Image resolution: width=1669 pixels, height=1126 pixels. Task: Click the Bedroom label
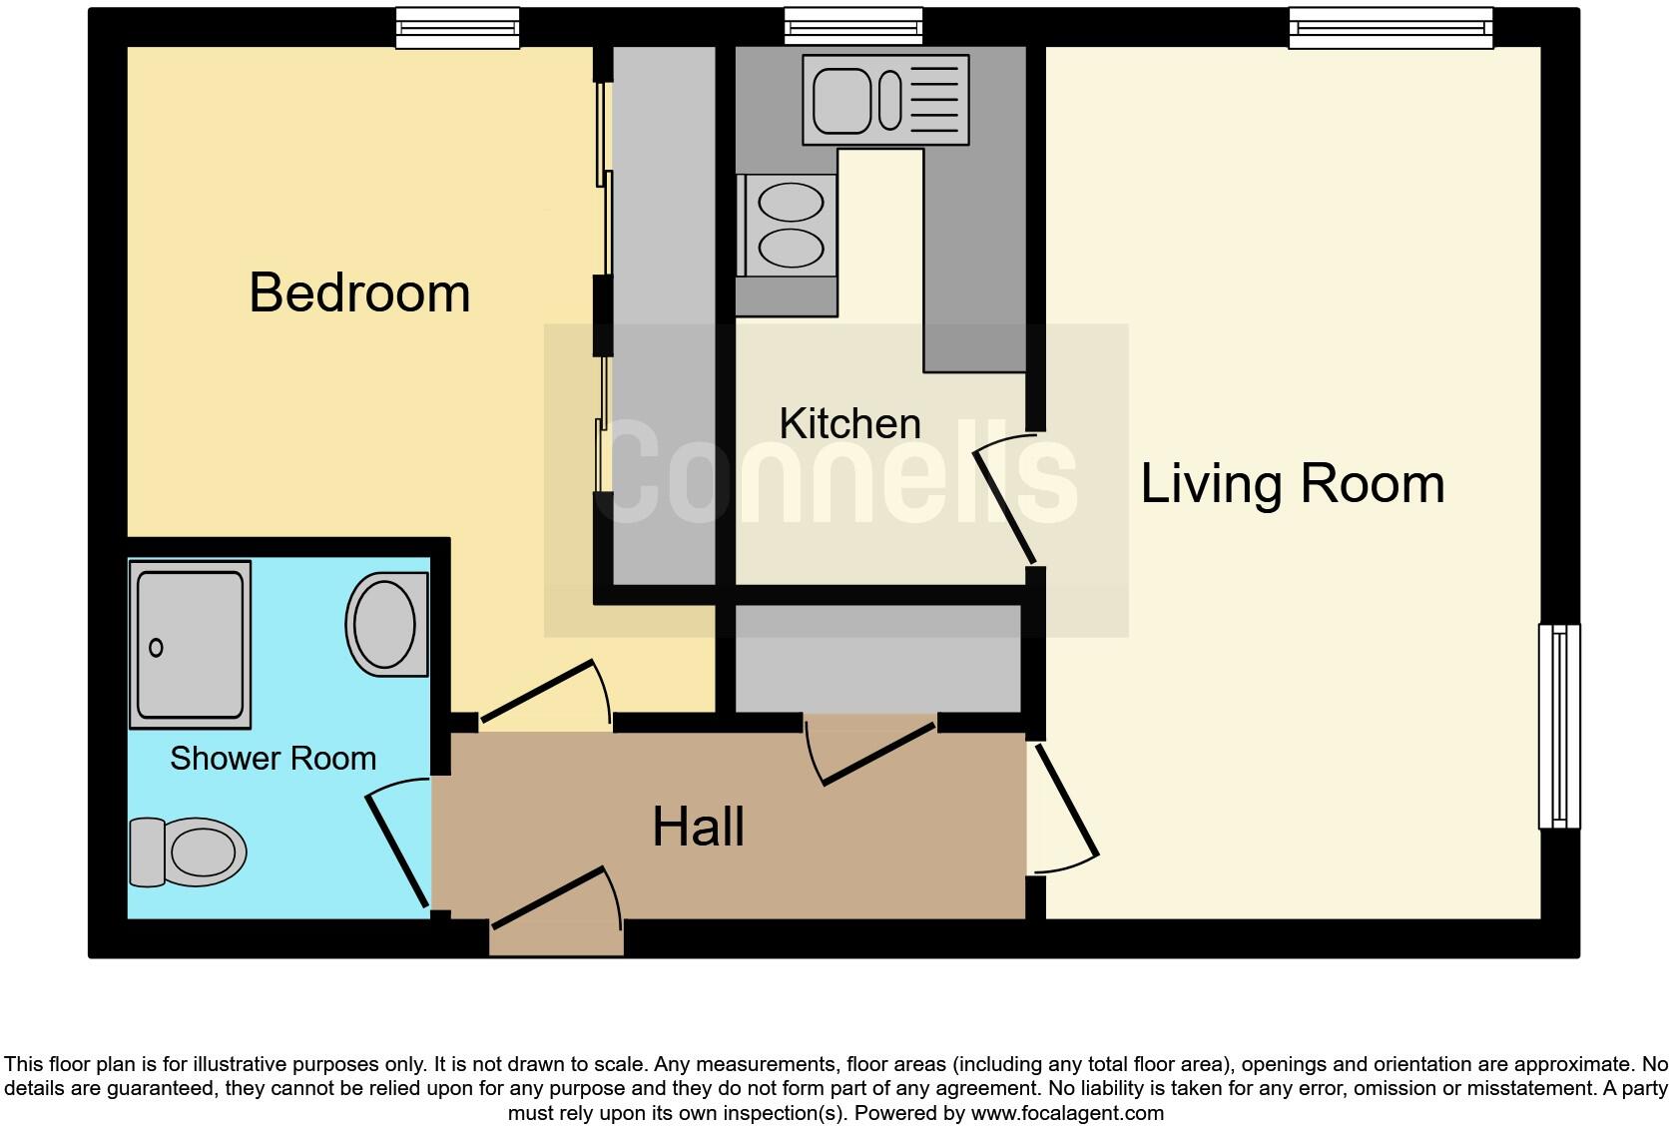(359, 292)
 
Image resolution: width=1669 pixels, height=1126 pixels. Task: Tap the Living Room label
(1292, 484)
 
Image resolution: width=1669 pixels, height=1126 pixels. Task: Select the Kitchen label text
(849, 424)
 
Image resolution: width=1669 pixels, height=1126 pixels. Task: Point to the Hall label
(698, 828)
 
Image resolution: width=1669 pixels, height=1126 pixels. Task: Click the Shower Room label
(273, 759)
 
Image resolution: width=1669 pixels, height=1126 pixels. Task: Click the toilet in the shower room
(190, 852)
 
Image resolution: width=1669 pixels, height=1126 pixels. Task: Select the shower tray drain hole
(156, 648)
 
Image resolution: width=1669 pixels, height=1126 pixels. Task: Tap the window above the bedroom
(457, 28)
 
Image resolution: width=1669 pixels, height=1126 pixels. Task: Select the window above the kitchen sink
(852, 27)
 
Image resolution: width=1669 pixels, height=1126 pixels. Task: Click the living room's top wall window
(1391, 28)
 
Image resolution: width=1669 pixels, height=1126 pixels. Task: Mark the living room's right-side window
(1558, 727)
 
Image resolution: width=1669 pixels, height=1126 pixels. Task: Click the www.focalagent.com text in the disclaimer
(1067, 1113)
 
